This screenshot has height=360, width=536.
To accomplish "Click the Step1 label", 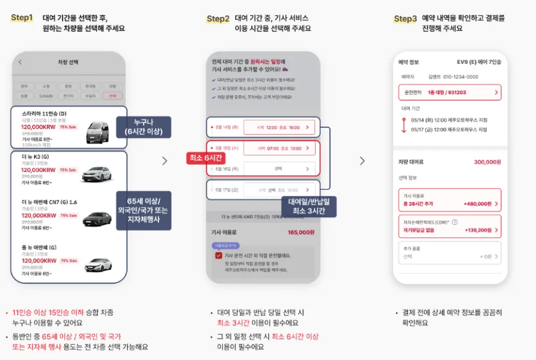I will (21, 18).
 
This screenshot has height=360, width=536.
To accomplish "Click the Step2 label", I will (218, 18).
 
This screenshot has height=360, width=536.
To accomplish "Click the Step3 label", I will (405, 18).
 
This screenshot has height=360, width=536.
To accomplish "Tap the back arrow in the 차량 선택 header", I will (20, 62).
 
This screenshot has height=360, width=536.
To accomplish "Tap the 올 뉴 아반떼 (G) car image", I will (98, 263).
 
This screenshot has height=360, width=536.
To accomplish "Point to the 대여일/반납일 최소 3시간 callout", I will (308, 206).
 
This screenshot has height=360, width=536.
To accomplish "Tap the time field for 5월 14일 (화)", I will (279, 127).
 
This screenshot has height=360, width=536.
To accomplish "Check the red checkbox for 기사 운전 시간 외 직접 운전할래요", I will (219, 255).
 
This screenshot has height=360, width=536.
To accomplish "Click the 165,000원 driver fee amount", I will (301, 233).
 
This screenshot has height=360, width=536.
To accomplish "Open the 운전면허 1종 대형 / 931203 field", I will (450, 92).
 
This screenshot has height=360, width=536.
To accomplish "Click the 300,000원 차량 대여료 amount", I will (487, 162).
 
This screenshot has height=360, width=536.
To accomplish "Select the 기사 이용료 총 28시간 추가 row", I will (450, 199).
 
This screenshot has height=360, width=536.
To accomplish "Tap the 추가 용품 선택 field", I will (450, 253).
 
